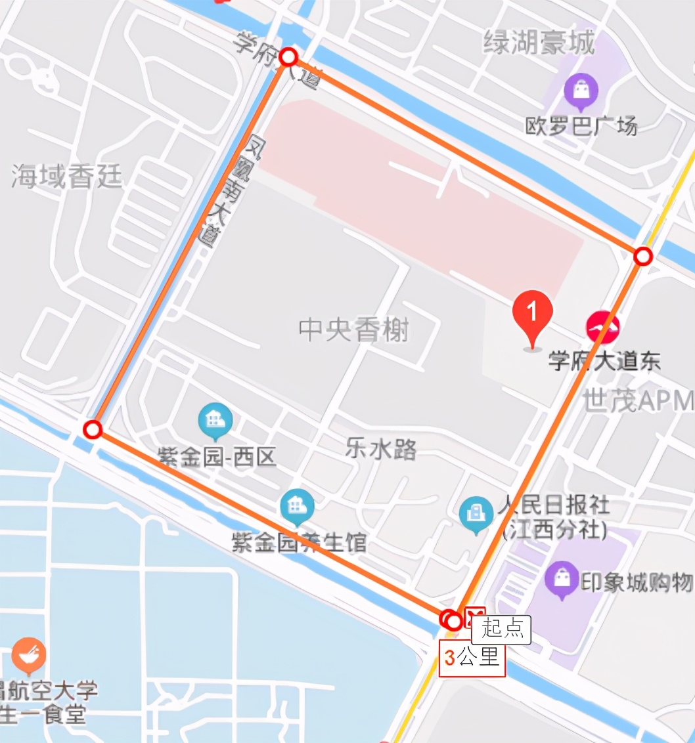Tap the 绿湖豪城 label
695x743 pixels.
coord(539,44)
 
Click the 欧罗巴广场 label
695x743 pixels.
coord(581,125)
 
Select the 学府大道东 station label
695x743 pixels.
coord(604,362)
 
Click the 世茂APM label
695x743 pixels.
coord(637,400)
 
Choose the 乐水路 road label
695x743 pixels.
coord(382,450)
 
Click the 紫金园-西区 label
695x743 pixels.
coord(217,457)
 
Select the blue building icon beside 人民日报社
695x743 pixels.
coord(476,514)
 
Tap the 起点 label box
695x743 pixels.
coord(502,629)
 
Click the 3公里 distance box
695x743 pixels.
coord(472,658)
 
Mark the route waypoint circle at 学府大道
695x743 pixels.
coord(288,58)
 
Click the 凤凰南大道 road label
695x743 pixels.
coord(233,190)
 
